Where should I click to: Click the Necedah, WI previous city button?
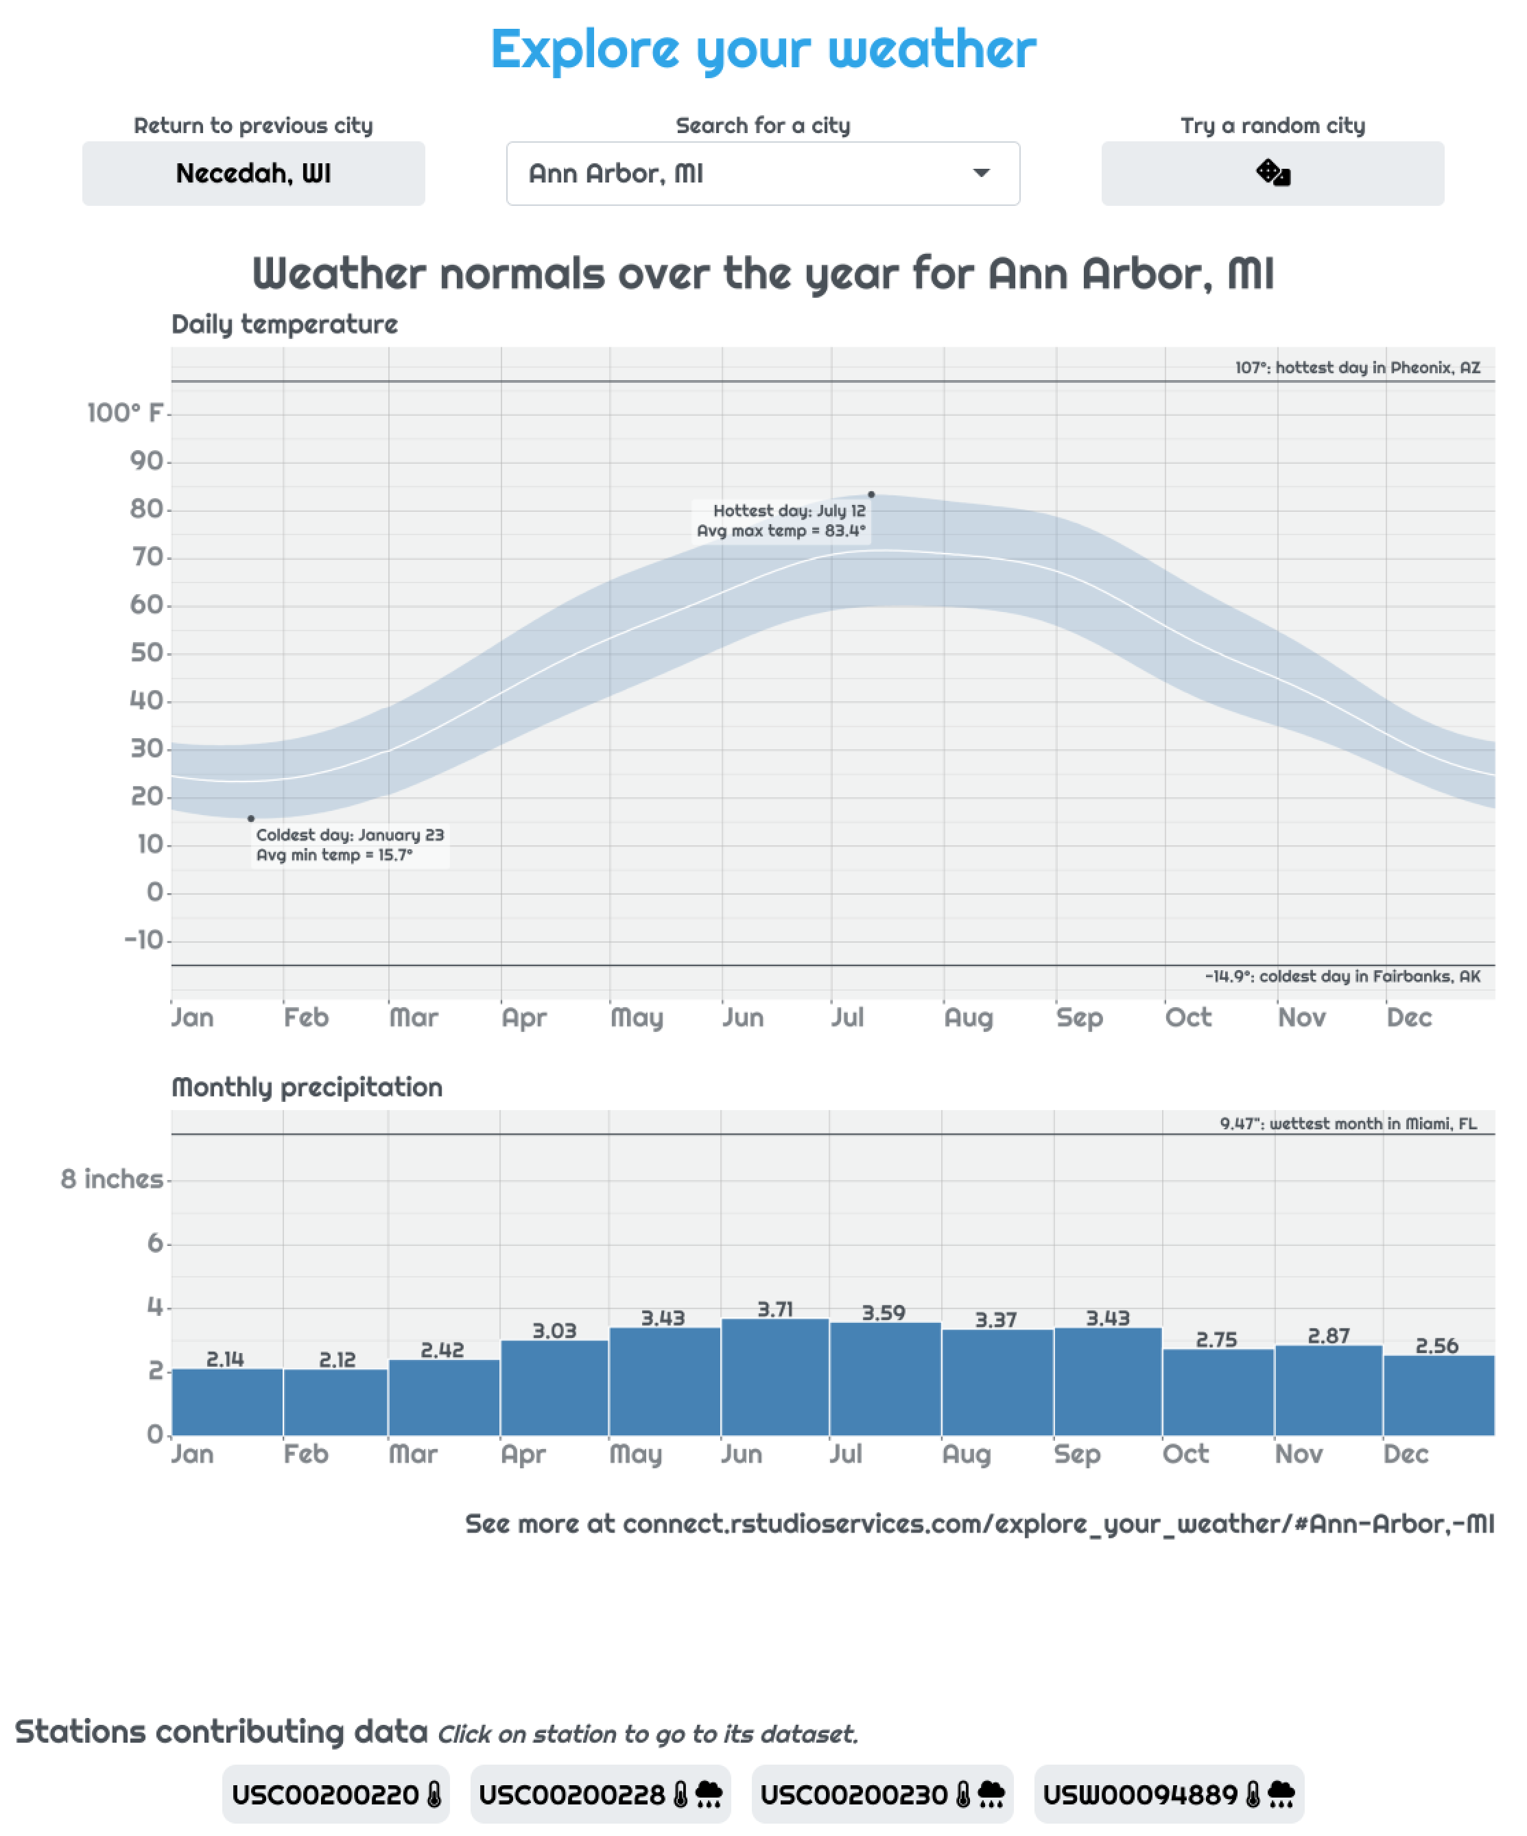point(254,173)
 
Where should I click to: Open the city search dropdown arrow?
point(982,173)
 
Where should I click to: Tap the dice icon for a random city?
point(1272,173)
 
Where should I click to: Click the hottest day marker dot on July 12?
point(871,495)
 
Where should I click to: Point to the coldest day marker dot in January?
point(251,819)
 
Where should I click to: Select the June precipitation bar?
point(775,1377)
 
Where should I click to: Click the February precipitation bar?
point(335,1402)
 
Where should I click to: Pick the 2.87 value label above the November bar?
point(1329,1336)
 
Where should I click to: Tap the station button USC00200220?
point(335,1794)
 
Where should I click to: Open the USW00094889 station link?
point(1170,1794)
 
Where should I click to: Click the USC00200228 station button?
point(600,1794)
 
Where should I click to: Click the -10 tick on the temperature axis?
point(144,940)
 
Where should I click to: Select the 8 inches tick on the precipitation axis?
point(112,1179)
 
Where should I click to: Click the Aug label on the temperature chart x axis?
point(969,1017)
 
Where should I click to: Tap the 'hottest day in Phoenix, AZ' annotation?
point(1358,367)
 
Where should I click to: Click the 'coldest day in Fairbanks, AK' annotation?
point(1342,976)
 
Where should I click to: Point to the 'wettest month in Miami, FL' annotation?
point(1349,1123)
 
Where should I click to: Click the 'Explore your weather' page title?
point(763,50)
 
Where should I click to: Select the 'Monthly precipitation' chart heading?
point(307,1087)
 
